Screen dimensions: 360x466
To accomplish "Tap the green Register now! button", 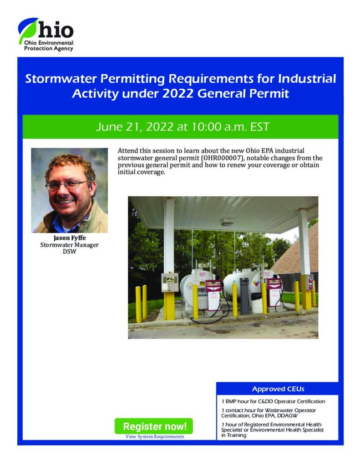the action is pos(154,426).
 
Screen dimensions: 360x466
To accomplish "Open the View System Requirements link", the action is pos(155,436).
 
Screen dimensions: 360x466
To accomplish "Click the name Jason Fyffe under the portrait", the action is pos(70,238).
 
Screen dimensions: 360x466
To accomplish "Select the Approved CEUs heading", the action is pos(278,389).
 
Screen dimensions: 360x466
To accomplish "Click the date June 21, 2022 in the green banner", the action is pos(134,127).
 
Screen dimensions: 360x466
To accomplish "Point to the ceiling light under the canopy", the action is pos(228,222).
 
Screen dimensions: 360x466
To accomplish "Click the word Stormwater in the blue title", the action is pos(61,79).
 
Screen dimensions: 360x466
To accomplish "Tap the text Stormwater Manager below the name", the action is pos(70,245).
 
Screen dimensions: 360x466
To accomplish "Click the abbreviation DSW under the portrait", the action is pos(70,251).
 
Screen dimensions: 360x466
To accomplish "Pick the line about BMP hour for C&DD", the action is pos(273,401).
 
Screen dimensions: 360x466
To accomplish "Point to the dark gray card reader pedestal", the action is pos(244,296).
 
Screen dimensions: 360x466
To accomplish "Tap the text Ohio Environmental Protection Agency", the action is pos(49,46).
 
